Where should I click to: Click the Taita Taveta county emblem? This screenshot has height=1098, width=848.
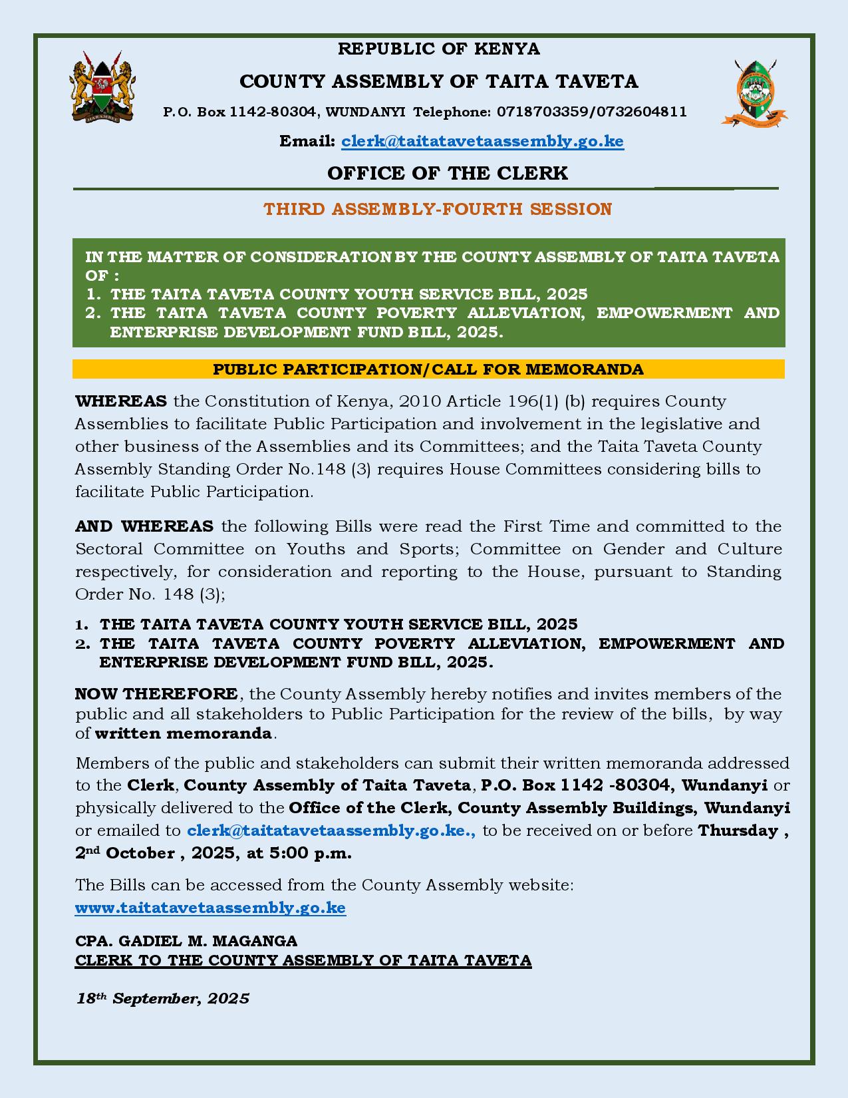754,93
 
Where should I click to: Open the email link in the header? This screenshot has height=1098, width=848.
482,142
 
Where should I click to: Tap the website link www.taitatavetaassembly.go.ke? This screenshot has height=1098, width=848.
210,908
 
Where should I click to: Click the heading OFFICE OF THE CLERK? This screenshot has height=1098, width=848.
447,173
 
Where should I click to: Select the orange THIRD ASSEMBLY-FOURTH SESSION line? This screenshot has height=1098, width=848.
438,209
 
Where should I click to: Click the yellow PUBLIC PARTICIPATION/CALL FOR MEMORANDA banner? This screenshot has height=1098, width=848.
428,369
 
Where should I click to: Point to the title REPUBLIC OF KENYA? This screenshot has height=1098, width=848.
439,49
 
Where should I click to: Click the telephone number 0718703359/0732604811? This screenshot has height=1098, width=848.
592,112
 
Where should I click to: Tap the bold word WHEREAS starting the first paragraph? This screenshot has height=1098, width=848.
121,401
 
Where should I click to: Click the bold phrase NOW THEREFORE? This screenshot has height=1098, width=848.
156,693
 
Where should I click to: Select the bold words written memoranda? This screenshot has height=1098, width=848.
184,733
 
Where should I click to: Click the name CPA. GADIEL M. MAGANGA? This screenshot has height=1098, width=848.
186,941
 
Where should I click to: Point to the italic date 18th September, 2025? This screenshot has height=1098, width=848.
163,998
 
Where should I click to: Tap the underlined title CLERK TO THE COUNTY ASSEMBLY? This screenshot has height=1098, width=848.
303,960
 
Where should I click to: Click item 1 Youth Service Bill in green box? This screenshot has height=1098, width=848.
349,294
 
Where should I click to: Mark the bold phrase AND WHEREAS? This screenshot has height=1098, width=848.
144,526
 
